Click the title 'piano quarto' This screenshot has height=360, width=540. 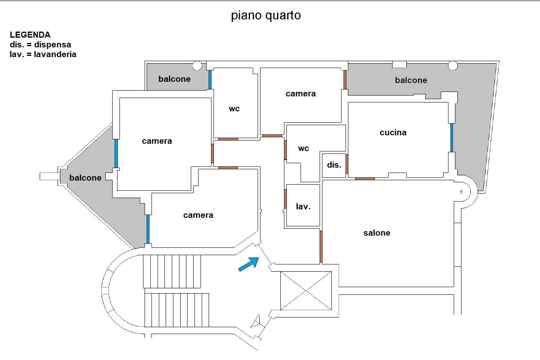(266, 16)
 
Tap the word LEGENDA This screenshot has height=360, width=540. (30, 35)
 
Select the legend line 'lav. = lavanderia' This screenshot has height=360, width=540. (43, 54)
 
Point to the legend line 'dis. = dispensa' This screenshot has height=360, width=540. (41, 45)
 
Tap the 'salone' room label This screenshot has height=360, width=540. (377, 233)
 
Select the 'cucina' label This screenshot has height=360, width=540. (393, 132)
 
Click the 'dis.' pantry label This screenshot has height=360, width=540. (334, 165)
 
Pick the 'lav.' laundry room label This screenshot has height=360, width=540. (303, 207)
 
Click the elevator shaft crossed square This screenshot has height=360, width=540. (306, 291)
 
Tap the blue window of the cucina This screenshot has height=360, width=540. (452, 137)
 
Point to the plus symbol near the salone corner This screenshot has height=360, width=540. (461, 192)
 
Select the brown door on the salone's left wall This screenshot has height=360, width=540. (321, 247)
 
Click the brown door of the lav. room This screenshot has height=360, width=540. (285, 199)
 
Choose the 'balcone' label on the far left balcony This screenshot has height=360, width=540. (85, 178)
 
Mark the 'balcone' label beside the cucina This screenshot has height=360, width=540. (411, 80)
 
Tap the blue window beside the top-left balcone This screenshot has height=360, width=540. (210, 80)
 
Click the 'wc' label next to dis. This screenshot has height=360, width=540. (303, 149)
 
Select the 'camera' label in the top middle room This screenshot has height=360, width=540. (301, 94)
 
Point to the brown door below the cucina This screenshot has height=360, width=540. (365, 179)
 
